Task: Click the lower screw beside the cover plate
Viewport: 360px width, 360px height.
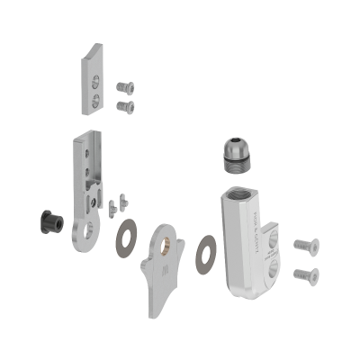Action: (x=125, y=106)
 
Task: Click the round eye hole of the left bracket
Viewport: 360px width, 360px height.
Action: (x=86, y=237)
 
